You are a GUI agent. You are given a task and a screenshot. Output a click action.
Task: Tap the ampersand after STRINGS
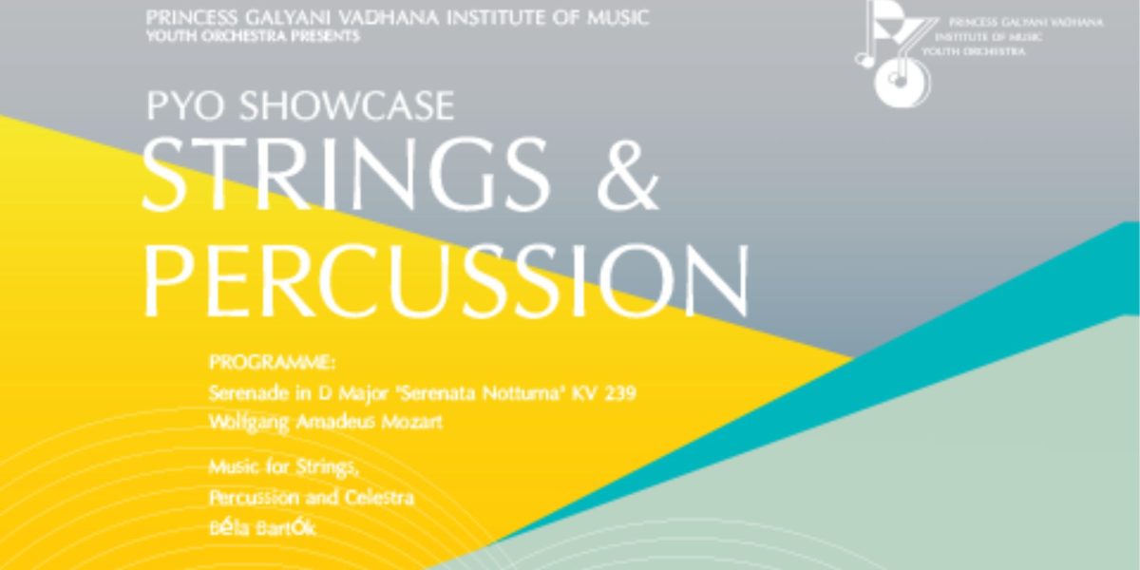click(628, 175)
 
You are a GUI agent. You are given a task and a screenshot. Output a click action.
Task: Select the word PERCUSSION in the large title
click(446, 280)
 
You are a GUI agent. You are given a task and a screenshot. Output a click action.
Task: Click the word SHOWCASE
click(347, 105)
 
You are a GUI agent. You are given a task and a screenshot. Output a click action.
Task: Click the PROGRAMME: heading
click(273, 363)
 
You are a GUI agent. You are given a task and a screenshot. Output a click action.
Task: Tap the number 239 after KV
click(620, 393)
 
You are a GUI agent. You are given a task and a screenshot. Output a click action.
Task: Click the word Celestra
click(379, 497)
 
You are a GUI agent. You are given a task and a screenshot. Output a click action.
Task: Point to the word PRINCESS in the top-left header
click(192, 18)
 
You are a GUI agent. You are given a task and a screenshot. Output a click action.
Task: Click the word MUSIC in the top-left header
click(618, 18)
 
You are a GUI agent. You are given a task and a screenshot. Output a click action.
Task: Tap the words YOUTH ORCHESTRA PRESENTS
click(253, 37)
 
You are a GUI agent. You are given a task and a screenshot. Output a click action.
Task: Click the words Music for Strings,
click(284, 467)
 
